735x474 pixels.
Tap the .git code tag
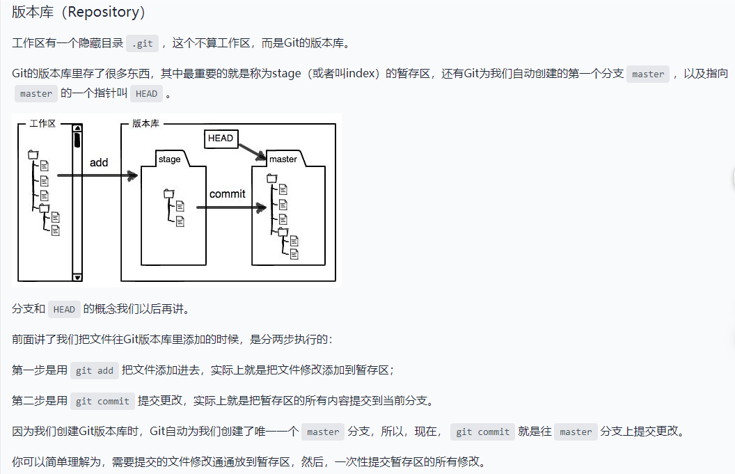tap(142, 43)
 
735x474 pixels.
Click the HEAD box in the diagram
tap(221, 139)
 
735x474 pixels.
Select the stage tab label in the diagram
tap(169, 159)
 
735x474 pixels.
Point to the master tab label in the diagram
tap(283, 159)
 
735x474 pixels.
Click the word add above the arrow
tap(99, 162)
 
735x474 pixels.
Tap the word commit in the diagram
tap(227, 193)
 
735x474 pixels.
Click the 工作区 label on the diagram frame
tap(42, 123)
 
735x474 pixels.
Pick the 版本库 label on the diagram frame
tap(145, 123)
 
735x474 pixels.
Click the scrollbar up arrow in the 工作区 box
tap(77, 128)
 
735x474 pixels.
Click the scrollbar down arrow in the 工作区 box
tap(77, 277)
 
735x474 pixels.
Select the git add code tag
tap(94, 371)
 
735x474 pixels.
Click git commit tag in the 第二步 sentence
tap(102, 401)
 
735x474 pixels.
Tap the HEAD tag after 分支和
tap(64, 310)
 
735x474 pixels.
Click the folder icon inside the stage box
tap(168, 193)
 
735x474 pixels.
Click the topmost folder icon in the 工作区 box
tap(33, 155)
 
